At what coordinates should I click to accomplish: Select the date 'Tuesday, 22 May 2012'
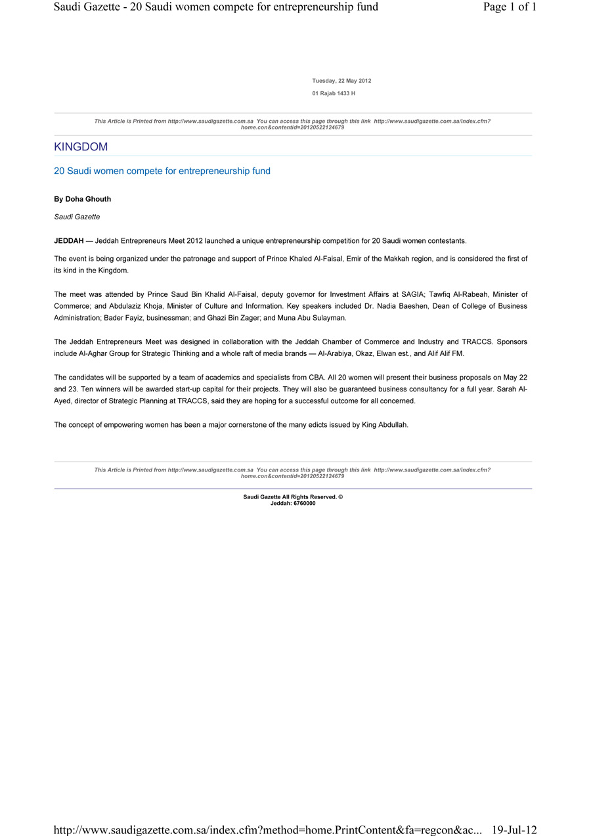click(x=341, y=81)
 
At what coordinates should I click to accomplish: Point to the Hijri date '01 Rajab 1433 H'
click(x=334, y=94)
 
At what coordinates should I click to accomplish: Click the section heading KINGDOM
click(x=81, y=147)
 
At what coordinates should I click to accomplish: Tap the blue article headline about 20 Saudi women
click(x=162, y=171)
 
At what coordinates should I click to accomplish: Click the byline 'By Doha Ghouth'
click(x=82, y=199)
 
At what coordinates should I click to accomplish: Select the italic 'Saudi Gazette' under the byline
click(x=77, y=217)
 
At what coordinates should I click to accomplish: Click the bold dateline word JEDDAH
click(x=69, y=241)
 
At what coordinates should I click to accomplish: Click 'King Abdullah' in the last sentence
click(x=385, y=425)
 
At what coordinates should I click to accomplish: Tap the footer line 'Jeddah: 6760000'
click(x=293, y=504)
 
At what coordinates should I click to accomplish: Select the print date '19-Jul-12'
click(x=514, y=830)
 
